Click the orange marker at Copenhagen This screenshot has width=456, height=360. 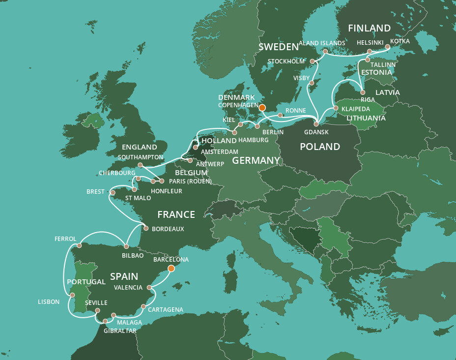pos(262,107)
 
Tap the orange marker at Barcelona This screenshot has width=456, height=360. pos(171,269)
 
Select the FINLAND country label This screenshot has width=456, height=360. pos(369,28)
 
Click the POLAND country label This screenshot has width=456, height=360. pos(320,147)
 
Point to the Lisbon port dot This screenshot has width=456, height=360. pos(72,295)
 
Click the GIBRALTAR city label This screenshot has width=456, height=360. pos(120,330)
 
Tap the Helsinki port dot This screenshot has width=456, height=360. pos(370,51)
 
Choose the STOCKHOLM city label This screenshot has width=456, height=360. pos(286,61)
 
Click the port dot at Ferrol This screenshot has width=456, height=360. pos(80,245)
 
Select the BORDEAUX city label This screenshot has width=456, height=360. pos(168,229)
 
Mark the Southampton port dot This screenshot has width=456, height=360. pos(141,165)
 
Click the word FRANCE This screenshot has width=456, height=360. pos(176,214)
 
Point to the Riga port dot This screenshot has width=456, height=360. pos(363,92)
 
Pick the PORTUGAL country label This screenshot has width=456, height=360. pos(86,282)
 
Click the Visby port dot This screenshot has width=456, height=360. pos(312,83)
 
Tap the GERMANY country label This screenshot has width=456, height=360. pos(256,161)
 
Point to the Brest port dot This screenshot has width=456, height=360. pos(113,192)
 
